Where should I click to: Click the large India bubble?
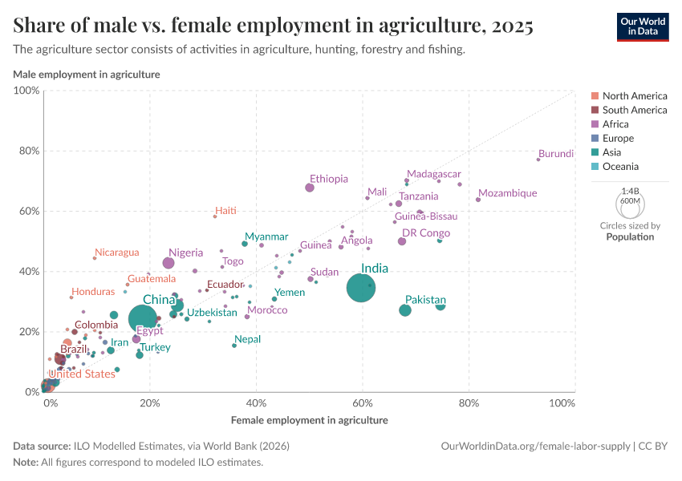[360, 288]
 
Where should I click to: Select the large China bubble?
[143, 319]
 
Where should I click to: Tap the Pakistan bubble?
[405, 310]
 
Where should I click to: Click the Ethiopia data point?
[310, 188]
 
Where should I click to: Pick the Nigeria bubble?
[168, 263]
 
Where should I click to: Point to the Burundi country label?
[556, 154]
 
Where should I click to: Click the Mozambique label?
[507, 193]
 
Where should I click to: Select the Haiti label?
[226, 210]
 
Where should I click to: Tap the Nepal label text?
[247, 339]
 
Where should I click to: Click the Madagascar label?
[433, 174]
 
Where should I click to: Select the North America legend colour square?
[595, 96]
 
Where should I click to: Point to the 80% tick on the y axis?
[29, 151]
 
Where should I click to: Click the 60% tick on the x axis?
[363, 402]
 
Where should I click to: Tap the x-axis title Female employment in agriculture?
[309, 420]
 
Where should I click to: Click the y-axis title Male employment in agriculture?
[87, 75]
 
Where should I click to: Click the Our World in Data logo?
[643, 26]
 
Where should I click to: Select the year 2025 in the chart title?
[509, 26]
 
